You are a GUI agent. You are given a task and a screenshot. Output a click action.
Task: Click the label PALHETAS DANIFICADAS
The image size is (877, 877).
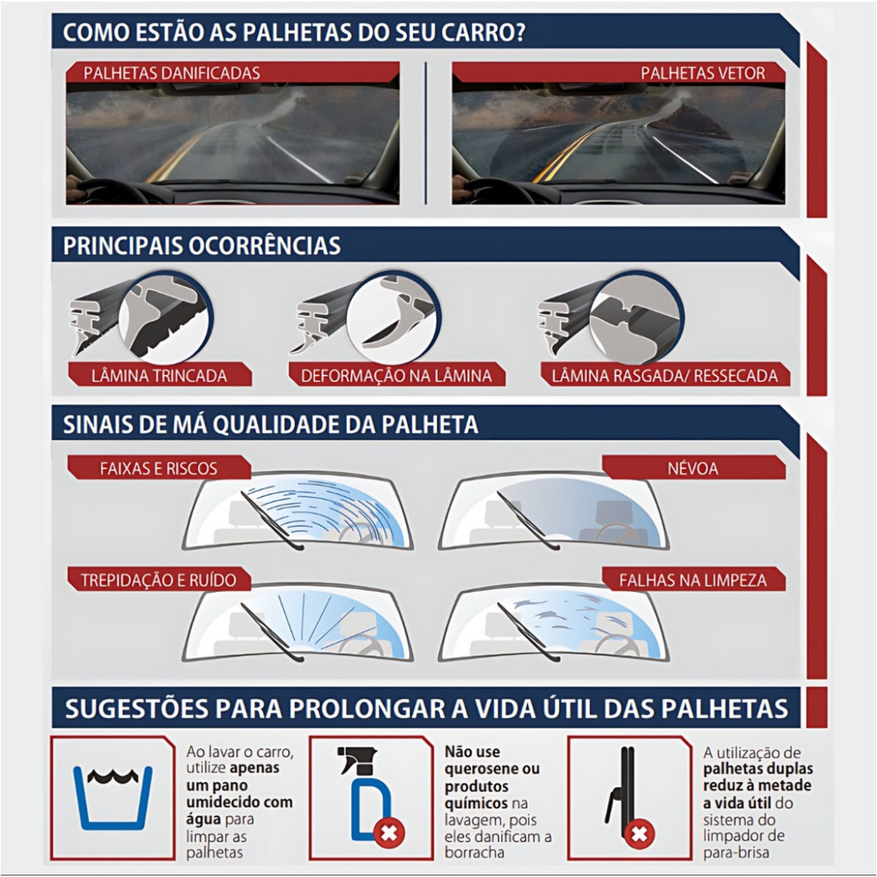coord(171,74)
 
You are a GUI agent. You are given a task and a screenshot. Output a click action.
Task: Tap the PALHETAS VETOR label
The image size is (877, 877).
coord(702,74)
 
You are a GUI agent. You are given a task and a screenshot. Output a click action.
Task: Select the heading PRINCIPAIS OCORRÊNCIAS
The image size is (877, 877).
coord(201,246)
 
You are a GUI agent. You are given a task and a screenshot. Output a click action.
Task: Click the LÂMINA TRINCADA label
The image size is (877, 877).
coord(159,375)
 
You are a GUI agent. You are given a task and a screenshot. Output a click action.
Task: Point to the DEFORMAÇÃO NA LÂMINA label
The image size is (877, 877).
coord(397,375)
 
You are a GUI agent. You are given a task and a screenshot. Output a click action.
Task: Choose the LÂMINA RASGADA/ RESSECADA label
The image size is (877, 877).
coord(665,375)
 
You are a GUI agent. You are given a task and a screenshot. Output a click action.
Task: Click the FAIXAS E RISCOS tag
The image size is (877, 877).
coord(158,468)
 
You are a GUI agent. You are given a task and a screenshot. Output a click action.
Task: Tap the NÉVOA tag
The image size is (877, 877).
coord(694,468)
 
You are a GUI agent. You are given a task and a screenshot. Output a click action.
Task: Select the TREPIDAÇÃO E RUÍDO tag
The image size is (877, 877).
coord(158,580)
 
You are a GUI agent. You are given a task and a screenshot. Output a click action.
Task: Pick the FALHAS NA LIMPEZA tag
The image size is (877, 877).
coord(694,580)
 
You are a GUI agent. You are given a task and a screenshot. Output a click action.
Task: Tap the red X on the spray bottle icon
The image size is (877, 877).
coord(389,833)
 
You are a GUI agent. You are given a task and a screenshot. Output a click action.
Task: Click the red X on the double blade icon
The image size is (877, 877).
coord(639,834)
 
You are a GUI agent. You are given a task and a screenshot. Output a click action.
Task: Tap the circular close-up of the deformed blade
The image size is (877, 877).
coord(393,317)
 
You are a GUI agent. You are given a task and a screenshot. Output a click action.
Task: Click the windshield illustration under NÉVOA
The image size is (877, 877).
coord(554,513)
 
